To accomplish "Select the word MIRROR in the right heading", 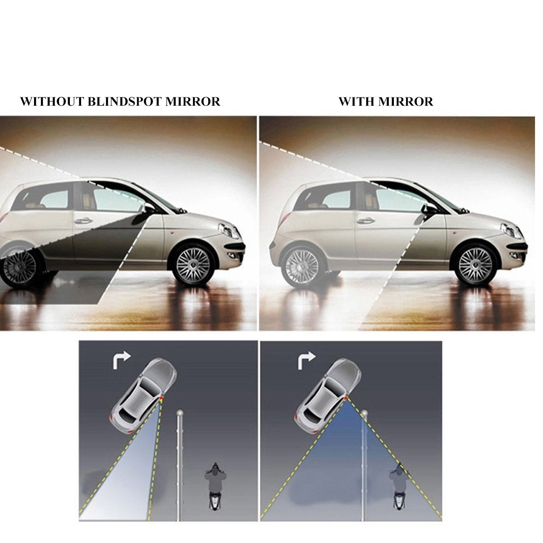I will [x=406, y=101].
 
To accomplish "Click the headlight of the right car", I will [x=509, y=229].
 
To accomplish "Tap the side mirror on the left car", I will [x=148, y=209].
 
